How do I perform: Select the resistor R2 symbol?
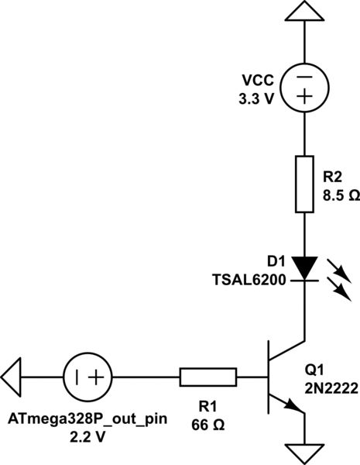coord(303,184)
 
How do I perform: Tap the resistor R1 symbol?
coord(207,377)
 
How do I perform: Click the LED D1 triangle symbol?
coord(303,269)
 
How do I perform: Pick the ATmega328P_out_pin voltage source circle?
coord(87,377)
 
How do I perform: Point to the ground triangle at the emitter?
coord(303,453)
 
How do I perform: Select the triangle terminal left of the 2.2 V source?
coord(13,377)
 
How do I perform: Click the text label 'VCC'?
coord(259,80)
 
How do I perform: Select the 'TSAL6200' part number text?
coord(249,277)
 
